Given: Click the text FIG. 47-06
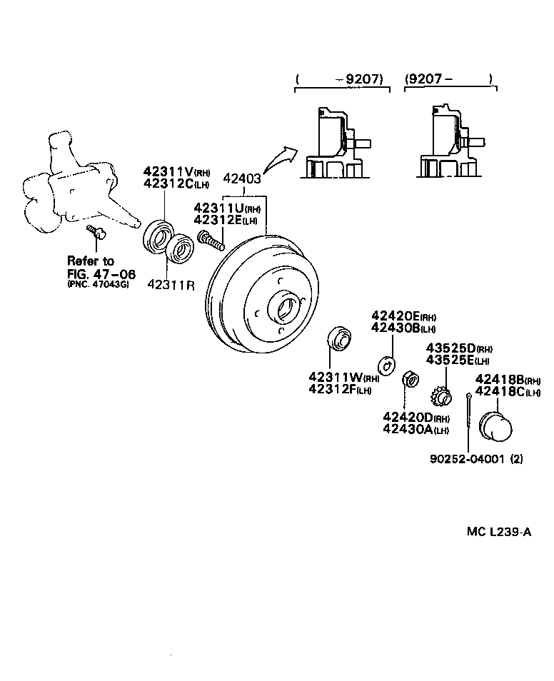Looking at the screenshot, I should tap(101, 274).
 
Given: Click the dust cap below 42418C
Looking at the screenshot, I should tap(493, 425).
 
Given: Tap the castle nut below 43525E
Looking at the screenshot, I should tap(440, 393).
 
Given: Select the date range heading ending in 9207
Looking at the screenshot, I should tap(342, 79).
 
